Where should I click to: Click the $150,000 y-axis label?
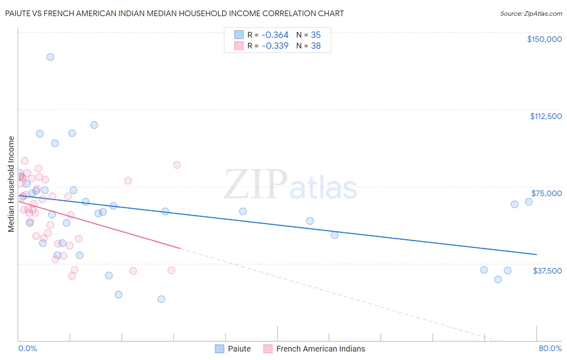point(544,39)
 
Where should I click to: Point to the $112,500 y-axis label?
point(546,116)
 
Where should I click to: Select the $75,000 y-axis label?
point(546,193)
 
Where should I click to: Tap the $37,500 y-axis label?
point(547,271)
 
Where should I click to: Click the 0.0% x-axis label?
point(27,349)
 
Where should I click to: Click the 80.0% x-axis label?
point(550,349)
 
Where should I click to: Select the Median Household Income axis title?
point(11,184)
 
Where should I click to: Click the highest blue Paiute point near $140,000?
point(50,57)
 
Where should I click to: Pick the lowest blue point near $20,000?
point(161,299)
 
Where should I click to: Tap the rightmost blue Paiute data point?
point(529,202)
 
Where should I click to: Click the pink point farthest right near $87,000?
point(177,165)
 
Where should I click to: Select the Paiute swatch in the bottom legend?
point(219,349)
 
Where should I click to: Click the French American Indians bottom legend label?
point(321,349)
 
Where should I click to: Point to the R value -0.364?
point(275,35)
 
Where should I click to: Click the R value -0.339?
point(275,46)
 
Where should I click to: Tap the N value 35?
point(316,35)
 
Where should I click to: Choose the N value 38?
point(316,46)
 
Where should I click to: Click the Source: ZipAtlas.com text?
point(531,14)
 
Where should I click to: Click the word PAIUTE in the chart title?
point(19,13)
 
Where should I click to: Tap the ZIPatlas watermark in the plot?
point(290,185)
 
